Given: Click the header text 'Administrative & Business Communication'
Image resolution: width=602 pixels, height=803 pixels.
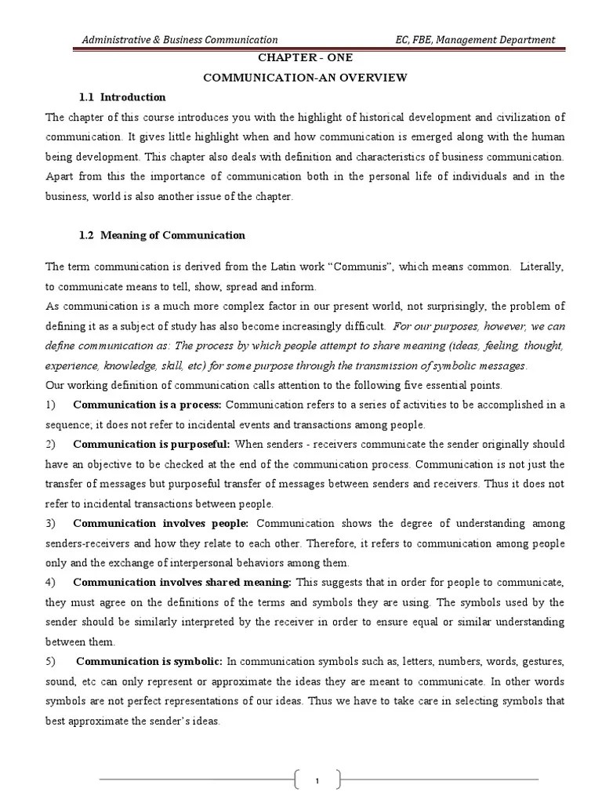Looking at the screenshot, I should tap(180, 39).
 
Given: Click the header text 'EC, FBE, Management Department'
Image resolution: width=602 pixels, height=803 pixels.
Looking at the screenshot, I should tap(476, 39).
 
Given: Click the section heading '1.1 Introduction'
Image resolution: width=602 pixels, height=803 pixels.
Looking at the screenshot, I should tap(122, 97).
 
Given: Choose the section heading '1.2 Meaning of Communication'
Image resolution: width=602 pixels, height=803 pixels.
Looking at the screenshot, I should tap(161, 235).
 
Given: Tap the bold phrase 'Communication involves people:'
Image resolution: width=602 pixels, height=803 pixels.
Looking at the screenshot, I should tap(161, 523).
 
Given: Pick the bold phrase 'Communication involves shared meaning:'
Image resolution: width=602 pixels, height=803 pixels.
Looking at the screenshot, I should tap(182, 582).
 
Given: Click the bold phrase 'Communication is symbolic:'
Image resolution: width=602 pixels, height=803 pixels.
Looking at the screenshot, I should tap(149, 661).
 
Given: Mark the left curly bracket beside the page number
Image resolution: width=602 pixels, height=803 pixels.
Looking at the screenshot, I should tap(299, 780).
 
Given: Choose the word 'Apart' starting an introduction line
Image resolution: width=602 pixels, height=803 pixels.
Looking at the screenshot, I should tap(60, 176).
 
